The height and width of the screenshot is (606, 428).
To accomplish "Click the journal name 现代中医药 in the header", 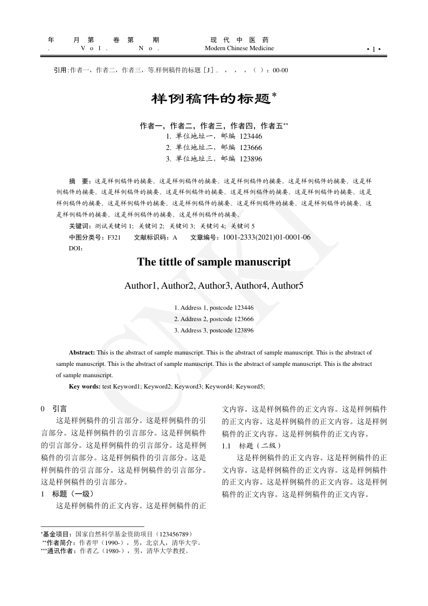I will click(239, 40).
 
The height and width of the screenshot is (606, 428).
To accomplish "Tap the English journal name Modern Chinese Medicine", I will click(239, 49).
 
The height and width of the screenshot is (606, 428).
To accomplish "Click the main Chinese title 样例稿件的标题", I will click(210, 99).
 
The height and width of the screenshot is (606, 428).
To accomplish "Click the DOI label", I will click(76, 248).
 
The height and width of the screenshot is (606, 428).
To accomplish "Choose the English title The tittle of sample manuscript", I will click(214, 262).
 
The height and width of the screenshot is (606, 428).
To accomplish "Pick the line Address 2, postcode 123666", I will click(214, 319).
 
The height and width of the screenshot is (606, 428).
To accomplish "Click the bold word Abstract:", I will click(82, 352).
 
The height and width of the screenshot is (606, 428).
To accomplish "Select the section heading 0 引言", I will click(54, 409).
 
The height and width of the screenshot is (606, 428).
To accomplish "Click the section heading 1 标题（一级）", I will click(68, 494).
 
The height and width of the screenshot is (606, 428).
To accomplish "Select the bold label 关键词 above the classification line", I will click(80, 226).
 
